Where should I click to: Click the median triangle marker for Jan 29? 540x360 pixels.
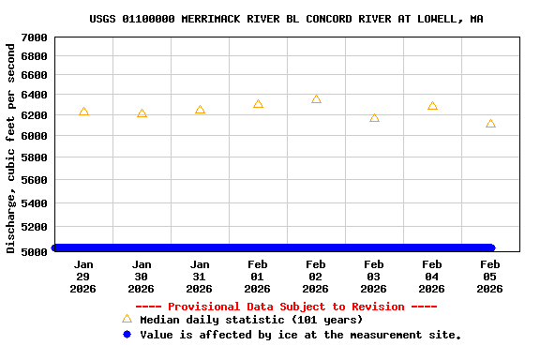[83, 112]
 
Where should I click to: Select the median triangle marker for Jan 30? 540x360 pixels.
[142, 113]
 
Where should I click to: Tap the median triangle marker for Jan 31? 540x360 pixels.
[200, 110]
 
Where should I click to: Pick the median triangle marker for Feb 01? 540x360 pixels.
[258, 104]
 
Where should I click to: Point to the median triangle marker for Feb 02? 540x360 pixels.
[316, 98]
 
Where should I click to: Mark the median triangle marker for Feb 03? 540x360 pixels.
[374, 117]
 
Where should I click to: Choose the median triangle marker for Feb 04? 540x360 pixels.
[432, 106]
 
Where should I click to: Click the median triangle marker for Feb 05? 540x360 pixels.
[490, 123]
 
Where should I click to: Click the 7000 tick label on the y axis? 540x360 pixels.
[34, 37]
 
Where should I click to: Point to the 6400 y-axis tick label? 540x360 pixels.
[34, 95]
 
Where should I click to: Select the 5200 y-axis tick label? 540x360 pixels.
[34, 227]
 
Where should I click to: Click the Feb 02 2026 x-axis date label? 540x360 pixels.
[316, 277]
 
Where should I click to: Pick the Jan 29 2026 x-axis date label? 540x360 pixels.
[83, 277]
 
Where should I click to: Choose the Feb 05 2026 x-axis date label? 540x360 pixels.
[490, 277]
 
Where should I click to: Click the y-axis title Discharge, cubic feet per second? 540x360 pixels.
[11, 148]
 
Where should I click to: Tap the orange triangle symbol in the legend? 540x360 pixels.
[127, 319]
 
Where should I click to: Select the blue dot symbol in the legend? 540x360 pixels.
[127, 335]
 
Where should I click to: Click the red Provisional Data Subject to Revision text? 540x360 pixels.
[286, 307]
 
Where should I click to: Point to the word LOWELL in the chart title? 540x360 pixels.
[438, 19]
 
